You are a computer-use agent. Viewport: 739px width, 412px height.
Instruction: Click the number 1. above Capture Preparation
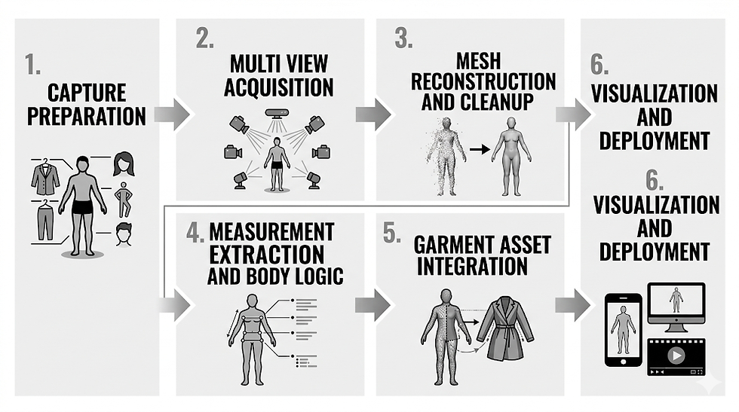click(32, 66)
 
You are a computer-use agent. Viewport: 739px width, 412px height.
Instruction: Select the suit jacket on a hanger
click(45, 178)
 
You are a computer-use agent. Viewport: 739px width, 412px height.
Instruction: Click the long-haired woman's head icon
click(124, 163)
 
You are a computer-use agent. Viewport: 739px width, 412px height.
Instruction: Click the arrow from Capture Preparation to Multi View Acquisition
click(173, 114)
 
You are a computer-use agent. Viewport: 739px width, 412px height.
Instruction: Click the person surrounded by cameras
click(276, 162)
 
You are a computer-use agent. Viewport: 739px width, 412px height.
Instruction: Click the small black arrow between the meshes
click(477, 149)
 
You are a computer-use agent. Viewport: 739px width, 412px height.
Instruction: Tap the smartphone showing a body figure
click(624, 328)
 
